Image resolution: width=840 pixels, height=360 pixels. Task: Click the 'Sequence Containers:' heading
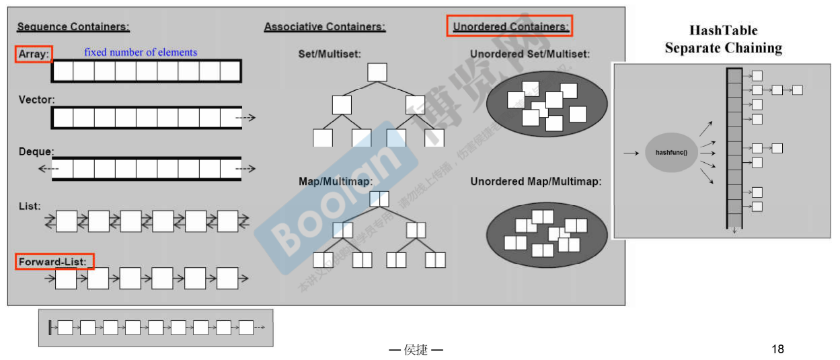73,27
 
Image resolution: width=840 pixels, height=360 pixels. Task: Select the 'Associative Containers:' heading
325,27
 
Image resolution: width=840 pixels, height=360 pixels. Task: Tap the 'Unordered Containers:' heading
510,27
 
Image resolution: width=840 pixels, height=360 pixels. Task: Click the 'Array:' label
34,54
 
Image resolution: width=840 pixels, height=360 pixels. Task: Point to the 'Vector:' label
36,100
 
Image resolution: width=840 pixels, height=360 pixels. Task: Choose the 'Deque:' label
36,151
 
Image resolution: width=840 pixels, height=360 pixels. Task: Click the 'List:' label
30,206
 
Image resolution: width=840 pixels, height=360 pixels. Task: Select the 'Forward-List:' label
53,261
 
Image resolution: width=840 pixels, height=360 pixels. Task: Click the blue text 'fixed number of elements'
141,52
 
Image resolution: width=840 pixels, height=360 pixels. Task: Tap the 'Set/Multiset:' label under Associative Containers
330,53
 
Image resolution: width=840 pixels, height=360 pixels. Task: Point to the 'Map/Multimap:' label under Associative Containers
336,181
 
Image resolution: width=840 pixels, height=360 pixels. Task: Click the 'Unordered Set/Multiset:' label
530,54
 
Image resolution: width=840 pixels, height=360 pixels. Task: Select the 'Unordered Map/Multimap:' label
535,182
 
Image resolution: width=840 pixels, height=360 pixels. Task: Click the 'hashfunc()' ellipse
671,153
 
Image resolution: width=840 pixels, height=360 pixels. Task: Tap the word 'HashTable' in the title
723,30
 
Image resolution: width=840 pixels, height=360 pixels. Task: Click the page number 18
777,349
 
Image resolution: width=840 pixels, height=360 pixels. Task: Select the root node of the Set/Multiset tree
377,72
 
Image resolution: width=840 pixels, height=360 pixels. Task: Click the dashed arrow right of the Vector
245,118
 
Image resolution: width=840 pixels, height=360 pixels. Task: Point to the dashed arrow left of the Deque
48,168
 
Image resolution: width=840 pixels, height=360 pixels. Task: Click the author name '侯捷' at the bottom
416,350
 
